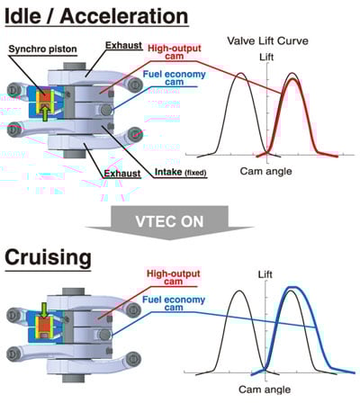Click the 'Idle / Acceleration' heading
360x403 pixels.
click(x=96, y=16)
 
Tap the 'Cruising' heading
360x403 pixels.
click(x=48, y=258)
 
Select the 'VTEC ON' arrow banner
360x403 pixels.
click(x=170, y=222)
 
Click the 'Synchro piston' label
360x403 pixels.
click(x=42, y=49)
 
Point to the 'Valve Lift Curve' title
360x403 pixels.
click(x=267, y=40)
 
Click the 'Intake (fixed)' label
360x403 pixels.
click(x=181, y=173)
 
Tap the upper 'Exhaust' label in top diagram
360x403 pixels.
click(x=123, y=45)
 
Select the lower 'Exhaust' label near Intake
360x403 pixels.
click(x=122, y=174)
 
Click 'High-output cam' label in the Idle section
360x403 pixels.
click(x=175, y=52)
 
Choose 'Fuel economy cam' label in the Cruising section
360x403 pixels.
click(x=174, y=303)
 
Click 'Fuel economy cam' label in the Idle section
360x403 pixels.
click(x=175, y=78)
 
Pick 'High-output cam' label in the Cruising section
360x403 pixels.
click(x=174, y=278)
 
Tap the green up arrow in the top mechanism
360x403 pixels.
click(x=45, y=114)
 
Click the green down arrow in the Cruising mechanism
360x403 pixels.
click(x=44, y=310)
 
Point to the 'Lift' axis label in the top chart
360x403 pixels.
click(x=266, y=57)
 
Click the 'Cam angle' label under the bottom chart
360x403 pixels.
click(x=265, y=390)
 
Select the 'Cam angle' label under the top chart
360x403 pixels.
click(x=265, y=171)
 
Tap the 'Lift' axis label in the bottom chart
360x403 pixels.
click(x=265, y=274)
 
